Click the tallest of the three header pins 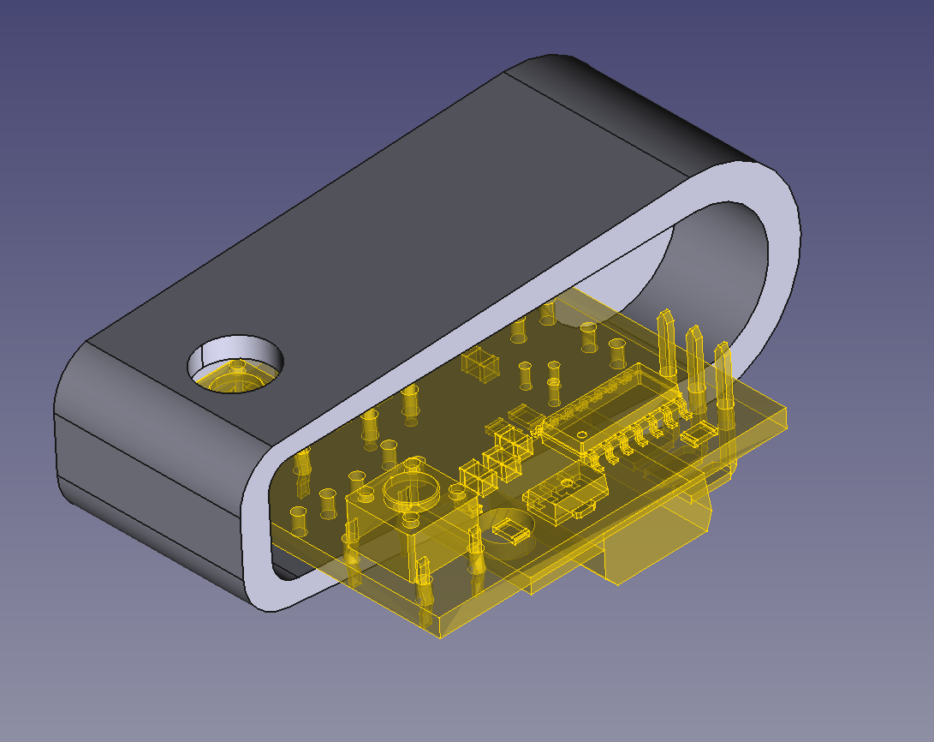[x=666, y=343]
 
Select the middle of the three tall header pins [x=694, y=360]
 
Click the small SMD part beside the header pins [x=698, y=434]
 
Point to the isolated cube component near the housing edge [x=480, y=364]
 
